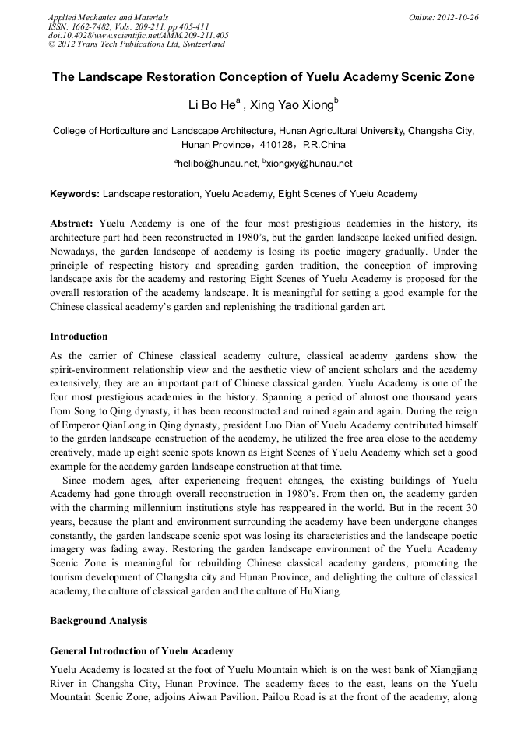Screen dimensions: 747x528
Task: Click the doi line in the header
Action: (138, 35)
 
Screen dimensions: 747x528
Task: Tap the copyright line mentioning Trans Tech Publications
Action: (136, 44)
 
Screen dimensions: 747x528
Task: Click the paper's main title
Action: (263, 77)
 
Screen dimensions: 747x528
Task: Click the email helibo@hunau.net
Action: (217, 164)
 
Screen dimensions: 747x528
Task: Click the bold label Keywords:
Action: (75, 194)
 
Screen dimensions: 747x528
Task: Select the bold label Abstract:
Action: (72, 223)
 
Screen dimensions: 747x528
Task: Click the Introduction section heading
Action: (79, 337)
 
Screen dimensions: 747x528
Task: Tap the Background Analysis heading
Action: (98, 621)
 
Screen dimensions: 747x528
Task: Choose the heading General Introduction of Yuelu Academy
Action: (141, 650)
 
